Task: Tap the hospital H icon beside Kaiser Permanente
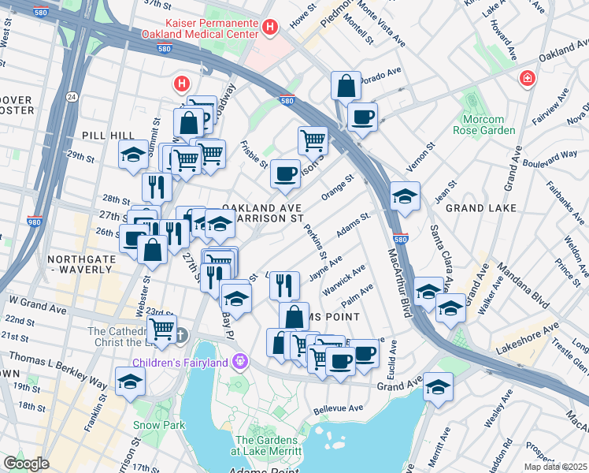click(x=270, y=28)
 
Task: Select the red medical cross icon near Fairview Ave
click(x=527, y=79)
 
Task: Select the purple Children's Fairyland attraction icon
click(x=239, y=362)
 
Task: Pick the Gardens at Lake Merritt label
click(x=268, y=445)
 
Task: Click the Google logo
click(x=26, y=464)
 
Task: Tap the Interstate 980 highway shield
click(x=35, y=222)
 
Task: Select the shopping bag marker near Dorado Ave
click(x=346, y=86)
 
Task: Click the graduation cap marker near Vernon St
click(x=405, y=196)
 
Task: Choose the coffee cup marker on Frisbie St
click(x=285, y=173)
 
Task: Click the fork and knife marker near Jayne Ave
click(x=284, y=284)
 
